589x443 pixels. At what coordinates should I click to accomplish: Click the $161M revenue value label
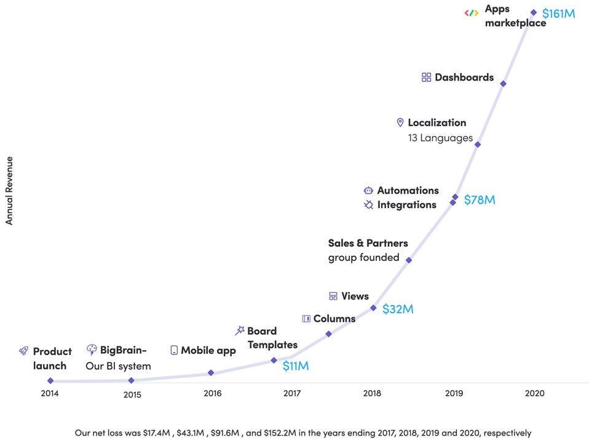coord(559,14)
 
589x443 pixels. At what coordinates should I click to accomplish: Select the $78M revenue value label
coord(480,200)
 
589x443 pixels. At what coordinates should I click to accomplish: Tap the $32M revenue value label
coord(398,309)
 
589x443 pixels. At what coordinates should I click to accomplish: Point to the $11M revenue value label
coord(296,366)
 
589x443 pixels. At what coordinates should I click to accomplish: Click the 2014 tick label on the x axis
coord(50,393)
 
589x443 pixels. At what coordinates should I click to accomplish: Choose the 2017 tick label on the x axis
coord(292,393)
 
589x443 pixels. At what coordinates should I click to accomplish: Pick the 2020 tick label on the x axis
coord(534,393)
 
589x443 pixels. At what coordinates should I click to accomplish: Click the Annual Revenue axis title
coord(9,191)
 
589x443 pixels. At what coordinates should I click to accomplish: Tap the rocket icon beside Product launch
coord(23,351)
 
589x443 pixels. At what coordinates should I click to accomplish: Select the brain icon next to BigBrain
coord(92,349)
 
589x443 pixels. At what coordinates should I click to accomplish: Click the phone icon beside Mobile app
coord(174,350)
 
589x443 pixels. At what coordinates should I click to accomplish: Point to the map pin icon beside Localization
coord(400,122)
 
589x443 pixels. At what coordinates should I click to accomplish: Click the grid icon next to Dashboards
coord(426,78)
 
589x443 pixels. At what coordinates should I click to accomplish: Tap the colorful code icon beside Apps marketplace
coord(472,13)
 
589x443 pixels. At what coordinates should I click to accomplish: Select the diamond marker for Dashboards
coord(503,84)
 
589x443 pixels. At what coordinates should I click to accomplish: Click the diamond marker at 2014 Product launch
coord(50,381)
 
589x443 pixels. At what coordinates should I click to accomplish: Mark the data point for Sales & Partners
coord(409,260)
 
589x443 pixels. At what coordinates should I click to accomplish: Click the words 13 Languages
coord(440,138)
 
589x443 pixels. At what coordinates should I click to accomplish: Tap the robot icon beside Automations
coord(368,190)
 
